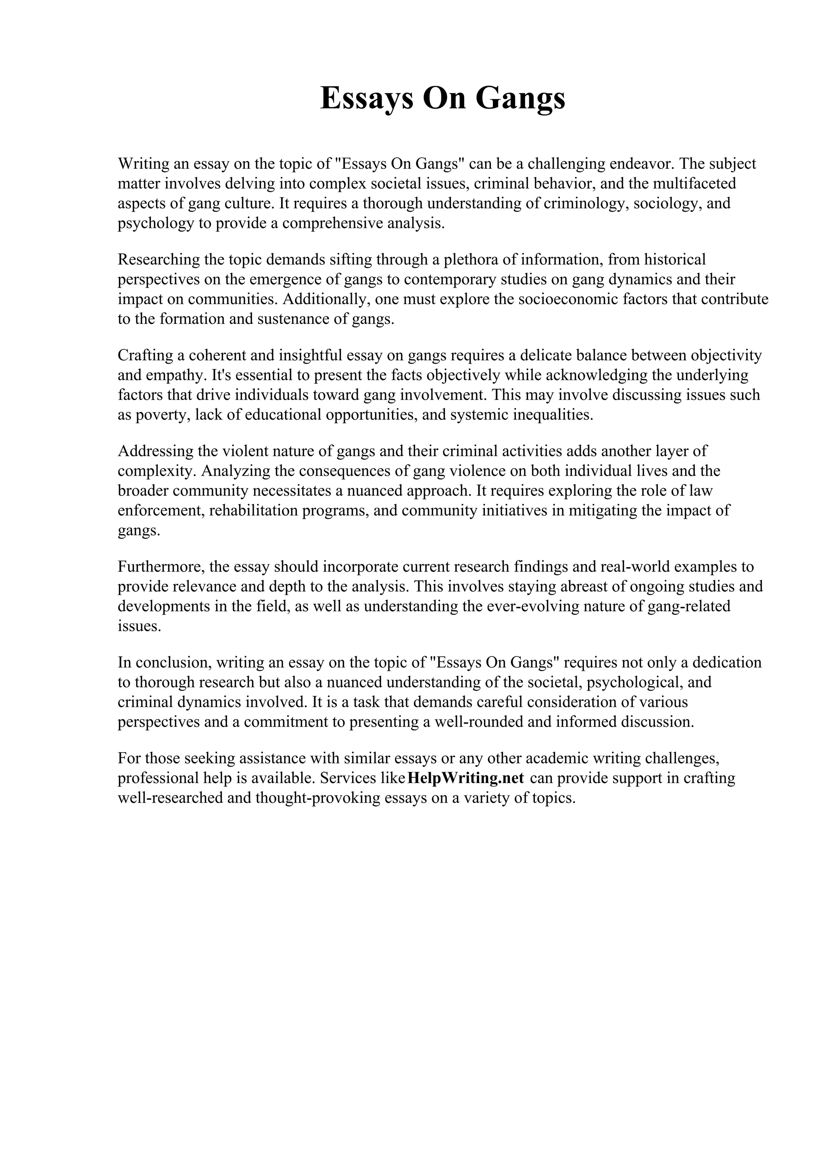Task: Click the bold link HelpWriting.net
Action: pos(466,778)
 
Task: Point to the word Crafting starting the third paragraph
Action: pos(143,355)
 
